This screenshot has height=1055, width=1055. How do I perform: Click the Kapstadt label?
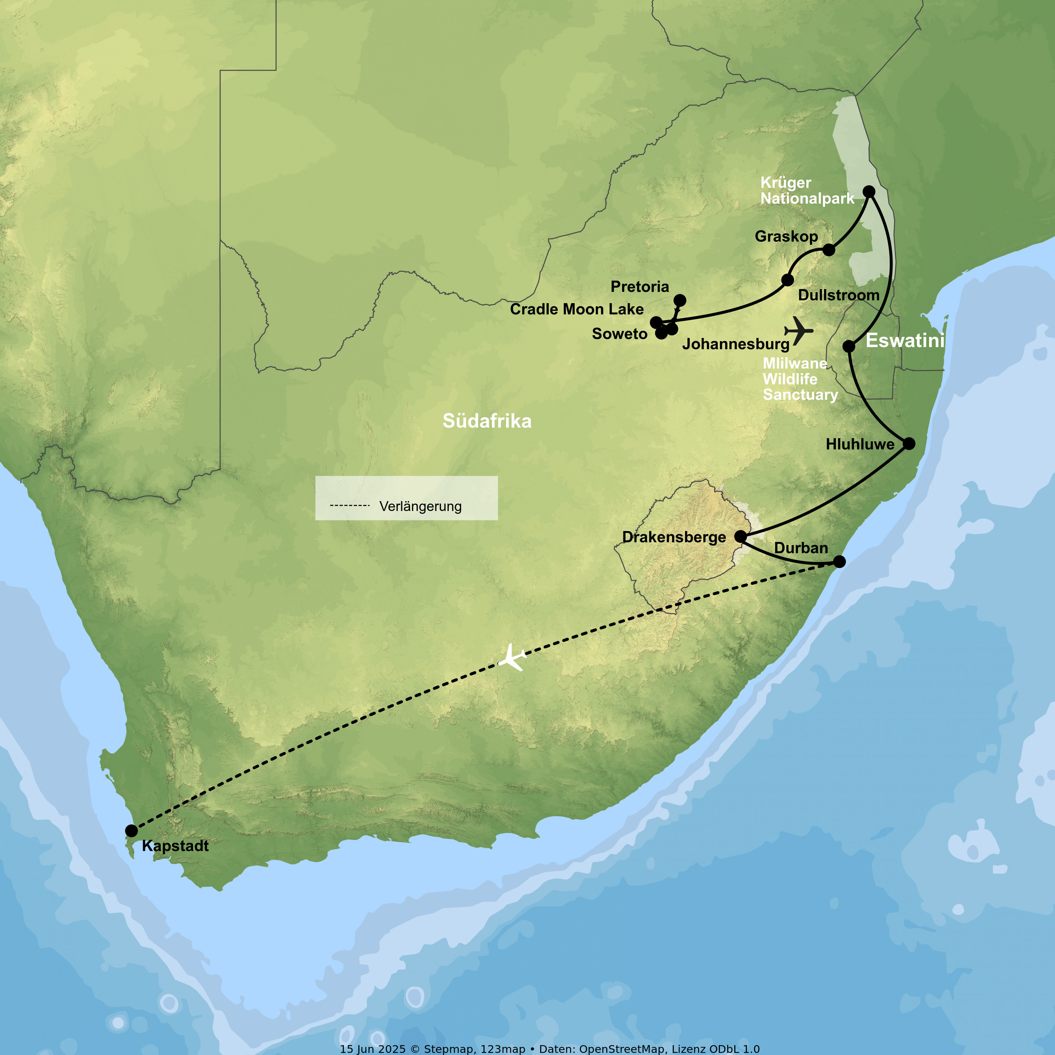175,846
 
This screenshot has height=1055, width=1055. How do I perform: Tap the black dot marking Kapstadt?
131,831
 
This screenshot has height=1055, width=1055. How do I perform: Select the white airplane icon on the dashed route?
512,658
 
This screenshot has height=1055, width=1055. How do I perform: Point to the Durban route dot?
839,561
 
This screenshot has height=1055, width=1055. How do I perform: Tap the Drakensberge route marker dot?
741,536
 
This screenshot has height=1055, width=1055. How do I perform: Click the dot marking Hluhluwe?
909,443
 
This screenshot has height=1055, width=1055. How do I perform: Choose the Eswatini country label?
905,340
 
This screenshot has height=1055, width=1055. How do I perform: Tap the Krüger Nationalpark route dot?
869,192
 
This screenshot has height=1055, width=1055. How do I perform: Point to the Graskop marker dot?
829,250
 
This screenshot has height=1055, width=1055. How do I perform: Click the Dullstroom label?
838,295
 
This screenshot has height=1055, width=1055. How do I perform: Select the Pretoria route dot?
679,300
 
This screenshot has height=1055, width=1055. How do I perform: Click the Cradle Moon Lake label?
577,309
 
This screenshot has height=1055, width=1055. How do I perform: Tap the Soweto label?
619,334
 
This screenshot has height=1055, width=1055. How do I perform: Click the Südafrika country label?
487,421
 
